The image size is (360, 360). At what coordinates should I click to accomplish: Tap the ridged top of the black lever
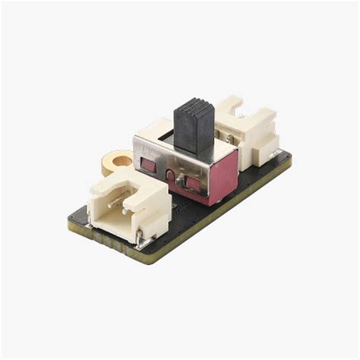coord(194,106)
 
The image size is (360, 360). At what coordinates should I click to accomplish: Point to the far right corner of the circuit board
coord(291,157)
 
